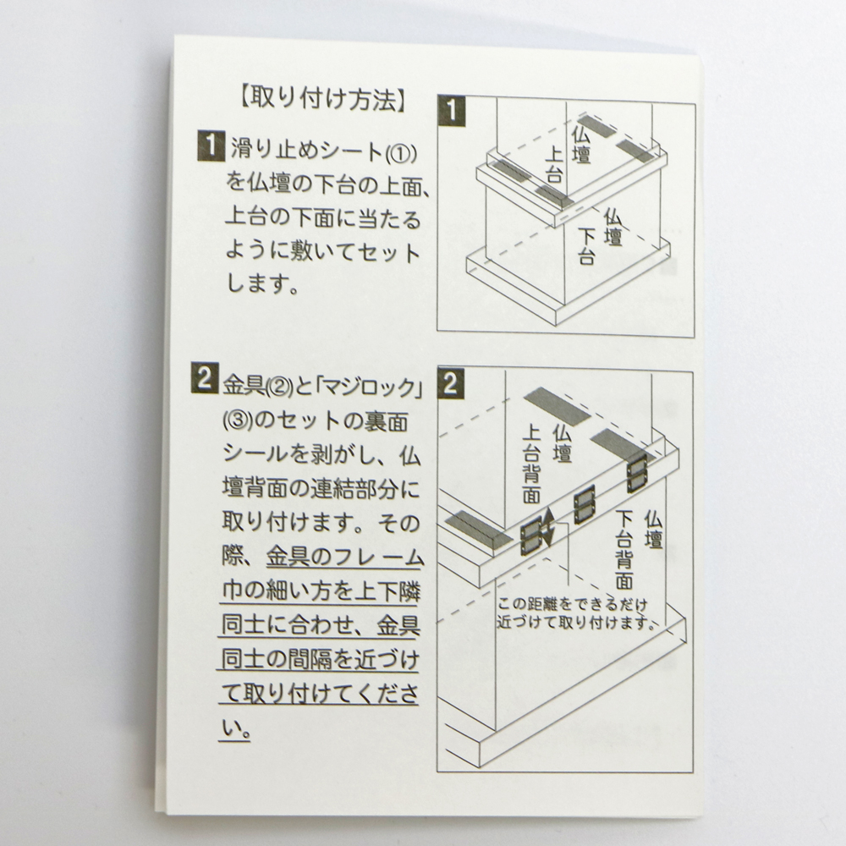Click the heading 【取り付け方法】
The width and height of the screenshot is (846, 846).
pos(321,101)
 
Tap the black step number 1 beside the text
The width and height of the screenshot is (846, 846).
pos(211,146)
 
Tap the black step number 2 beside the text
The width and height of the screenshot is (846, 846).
pos(205,378)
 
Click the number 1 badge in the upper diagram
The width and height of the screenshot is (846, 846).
pos(452,111)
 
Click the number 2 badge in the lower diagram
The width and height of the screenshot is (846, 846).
pos(451,383)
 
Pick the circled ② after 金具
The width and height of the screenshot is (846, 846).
pos(279,387)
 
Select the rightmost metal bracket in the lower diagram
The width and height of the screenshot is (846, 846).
pos(637,474)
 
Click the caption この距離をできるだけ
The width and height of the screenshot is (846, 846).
pos(572,604)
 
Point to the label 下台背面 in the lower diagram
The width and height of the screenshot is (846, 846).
pos(624,550)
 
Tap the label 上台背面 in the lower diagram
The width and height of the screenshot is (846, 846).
pos(532,464)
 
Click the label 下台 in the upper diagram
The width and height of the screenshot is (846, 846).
pos(586,245)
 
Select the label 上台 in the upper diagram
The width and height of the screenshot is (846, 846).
pos(554,165)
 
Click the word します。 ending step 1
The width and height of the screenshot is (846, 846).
pos(263,283)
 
